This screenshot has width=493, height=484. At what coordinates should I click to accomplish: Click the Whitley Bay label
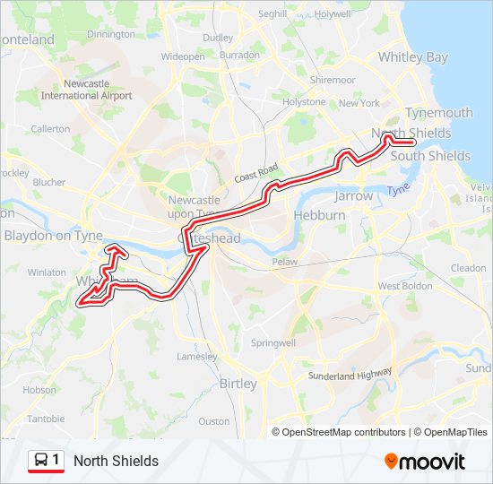pos(412,57)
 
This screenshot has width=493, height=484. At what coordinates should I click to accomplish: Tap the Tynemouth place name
pos(438,113)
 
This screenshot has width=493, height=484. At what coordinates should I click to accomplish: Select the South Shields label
pos(430,156)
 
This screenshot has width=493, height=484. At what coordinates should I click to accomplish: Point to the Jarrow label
pos(353,195)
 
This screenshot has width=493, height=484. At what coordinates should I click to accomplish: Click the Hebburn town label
pos(320,216)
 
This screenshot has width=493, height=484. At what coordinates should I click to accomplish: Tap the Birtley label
pos(238,384)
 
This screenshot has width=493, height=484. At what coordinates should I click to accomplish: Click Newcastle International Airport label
pos(86,90)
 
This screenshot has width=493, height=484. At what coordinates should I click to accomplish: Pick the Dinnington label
pos(111,34)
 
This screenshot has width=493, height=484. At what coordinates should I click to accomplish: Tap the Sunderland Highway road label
pos(350,376)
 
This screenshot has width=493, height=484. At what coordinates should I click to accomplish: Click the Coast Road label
pos(257,173)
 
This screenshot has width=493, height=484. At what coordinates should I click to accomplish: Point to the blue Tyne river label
pos(398,190)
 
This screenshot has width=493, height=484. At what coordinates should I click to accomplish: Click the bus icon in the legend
pos(41,461)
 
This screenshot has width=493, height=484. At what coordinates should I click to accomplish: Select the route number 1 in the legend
pos(56,461)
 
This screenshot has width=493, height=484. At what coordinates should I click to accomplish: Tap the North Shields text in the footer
pos(116,462)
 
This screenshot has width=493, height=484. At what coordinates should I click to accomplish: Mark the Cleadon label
pos(468,268)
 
